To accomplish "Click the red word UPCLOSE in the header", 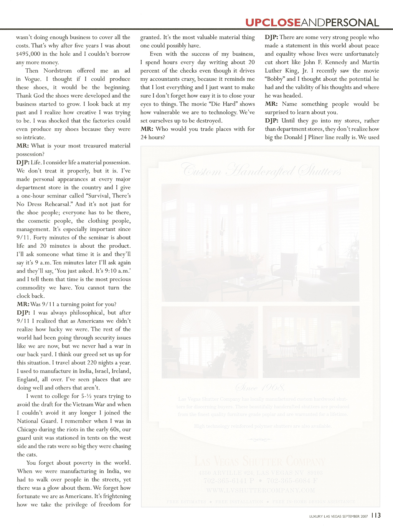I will (x=273, y=23).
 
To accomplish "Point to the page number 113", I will (x=376, y=515).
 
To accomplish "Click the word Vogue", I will (x=32, y=79).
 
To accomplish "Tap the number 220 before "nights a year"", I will (x=92, y=363).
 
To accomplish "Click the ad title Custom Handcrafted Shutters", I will (x=261, y=170).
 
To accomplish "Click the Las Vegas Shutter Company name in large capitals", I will (x=260, y=461).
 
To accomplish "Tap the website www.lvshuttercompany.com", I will (x=260, y=490).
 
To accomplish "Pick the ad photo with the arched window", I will (x=210, y=342).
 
